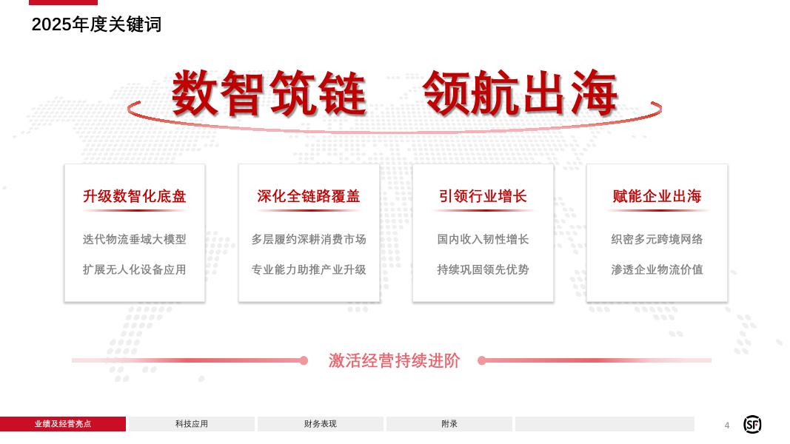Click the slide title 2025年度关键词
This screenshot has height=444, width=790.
[x=96, y=24]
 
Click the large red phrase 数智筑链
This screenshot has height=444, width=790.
[x=269, y=93]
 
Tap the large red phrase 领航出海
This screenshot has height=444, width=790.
[x=520, y=93]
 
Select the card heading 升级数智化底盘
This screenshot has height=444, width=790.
[x=134, y=196]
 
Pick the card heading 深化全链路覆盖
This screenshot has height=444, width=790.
[x=308, y=196]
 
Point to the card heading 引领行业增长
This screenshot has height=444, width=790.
[x=483, y=196]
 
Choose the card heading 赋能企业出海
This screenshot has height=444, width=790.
[x=657, y=196]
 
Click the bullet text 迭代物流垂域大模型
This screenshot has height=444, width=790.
[x=134, y=239]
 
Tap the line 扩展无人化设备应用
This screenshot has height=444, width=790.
[x=134, y=269]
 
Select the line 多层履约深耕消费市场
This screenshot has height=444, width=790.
[x=308, y=239]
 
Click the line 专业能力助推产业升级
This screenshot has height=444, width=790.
[x=308, y=269]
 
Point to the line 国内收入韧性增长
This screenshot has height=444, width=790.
[x=483, y=239]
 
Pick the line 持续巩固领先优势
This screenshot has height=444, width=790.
[x=483, y=269]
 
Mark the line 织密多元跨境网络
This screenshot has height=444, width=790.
[x=657, y=239]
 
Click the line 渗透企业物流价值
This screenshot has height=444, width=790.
[x=657, y=269]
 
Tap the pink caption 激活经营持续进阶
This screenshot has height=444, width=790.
[x=394, y=360]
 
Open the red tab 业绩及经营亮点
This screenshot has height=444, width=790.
[x=63, y=424]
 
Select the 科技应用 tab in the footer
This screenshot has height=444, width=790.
[x=192, y=424]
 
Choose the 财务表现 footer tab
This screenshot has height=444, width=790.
[x=321, y=424]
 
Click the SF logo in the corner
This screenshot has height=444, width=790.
[x=752, y=424]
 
